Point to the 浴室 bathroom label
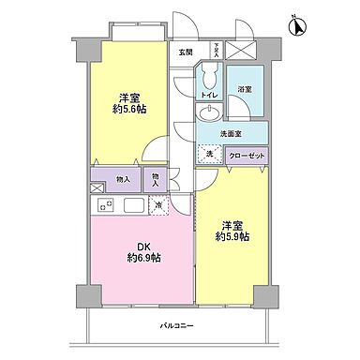246,90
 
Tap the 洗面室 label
231,134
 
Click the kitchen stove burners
102,205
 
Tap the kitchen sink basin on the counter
132,205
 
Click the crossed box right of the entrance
242,50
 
